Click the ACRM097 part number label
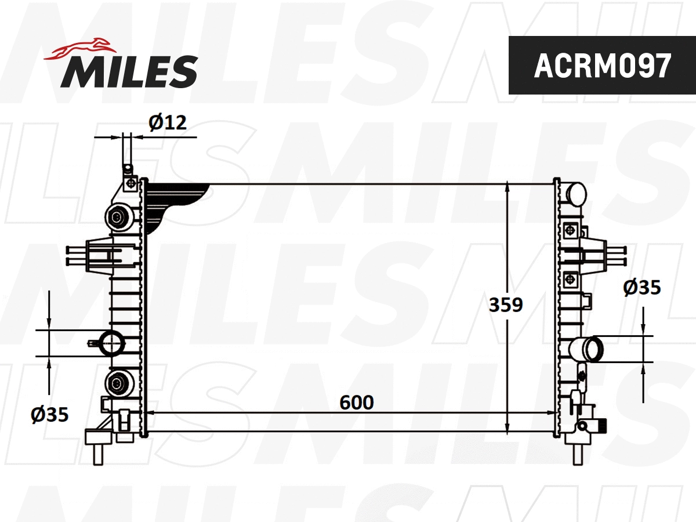tap(602, 66)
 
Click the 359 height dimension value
tap(506, 304)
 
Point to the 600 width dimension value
tap(357, 402)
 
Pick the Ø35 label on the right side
tap(642, 288)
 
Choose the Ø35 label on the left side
tap(50, 414)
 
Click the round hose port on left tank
tap(110, 343)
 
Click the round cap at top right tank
tap(577, 194)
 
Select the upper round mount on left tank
tap(119, 217)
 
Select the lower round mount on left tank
tap(119, 382)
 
